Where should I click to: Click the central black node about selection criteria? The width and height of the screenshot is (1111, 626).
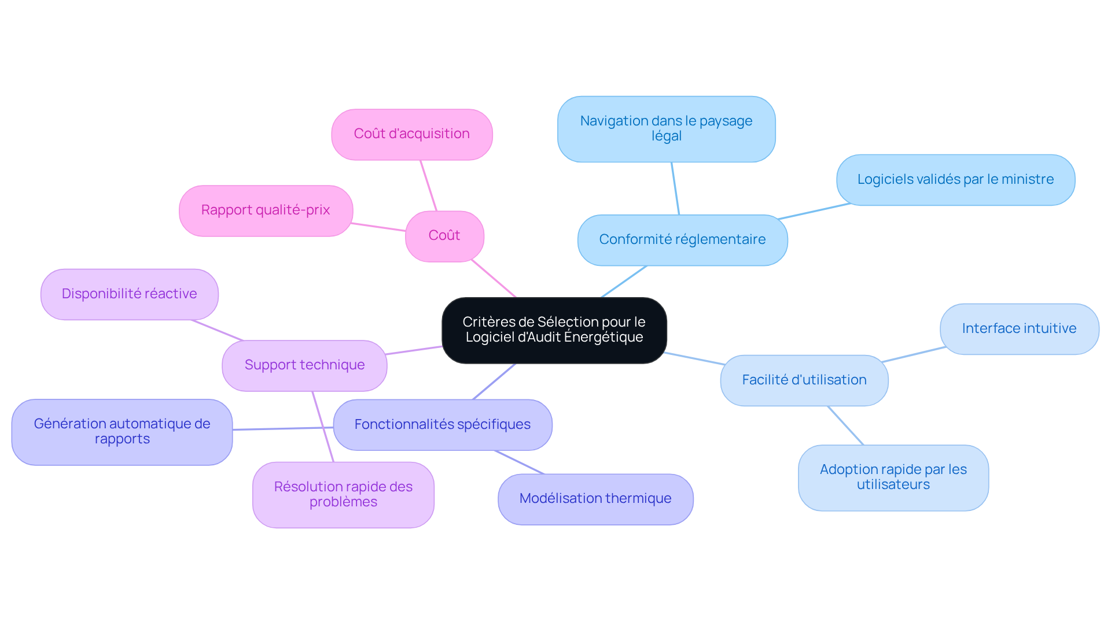tap(554, 330)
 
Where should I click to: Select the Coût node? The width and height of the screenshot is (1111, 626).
tap(444, 236)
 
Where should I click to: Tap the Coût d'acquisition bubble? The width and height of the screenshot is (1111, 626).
tap(412, 134)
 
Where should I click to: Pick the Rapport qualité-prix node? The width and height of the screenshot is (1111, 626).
tap(266, 210)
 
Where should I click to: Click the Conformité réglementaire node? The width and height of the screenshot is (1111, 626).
tap(682, 240)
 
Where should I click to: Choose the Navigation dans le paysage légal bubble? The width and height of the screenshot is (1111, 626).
tap(666, 129)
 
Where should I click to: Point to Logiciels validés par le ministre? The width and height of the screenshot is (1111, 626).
tap(955, 180)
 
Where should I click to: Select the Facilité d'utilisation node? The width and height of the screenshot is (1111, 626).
tap(804, 380)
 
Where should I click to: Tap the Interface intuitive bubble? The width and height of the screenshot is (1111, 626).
tap(1019, 329)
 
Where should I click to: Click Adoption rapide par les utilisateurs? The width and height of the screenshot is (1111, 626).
tap(893, 477)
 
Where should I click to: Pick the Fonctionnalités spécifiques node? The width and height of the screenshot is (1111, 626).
tap(443, 425)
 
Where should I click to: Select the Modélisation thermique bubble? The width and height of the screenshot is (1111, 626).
tap(595, 499)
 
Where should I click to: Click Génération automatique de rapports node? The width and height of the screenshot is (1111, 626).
tap(122, 432)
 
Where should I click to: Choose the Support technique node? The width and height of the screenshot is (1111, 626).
tap(304, 365)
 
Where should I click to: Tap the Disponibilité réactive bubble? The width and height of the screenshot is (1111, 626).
tap(130, 294)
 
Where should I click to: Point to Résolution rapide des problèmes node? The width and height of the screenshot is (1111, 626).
tap(343, 494)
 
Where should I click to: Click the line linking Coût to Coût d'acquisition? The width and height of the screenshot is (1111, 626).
tap(428, 186)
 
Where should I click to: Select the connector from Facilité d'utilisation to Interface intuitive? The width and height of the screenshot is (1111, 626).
tap(914, 354)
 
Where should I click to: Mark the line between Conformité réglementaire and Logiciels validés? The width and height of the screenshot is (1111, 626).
tap(814, 211)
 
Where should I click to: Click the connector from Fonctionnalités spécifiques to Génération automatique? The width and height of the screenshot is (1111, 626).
tap(283, 428)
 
